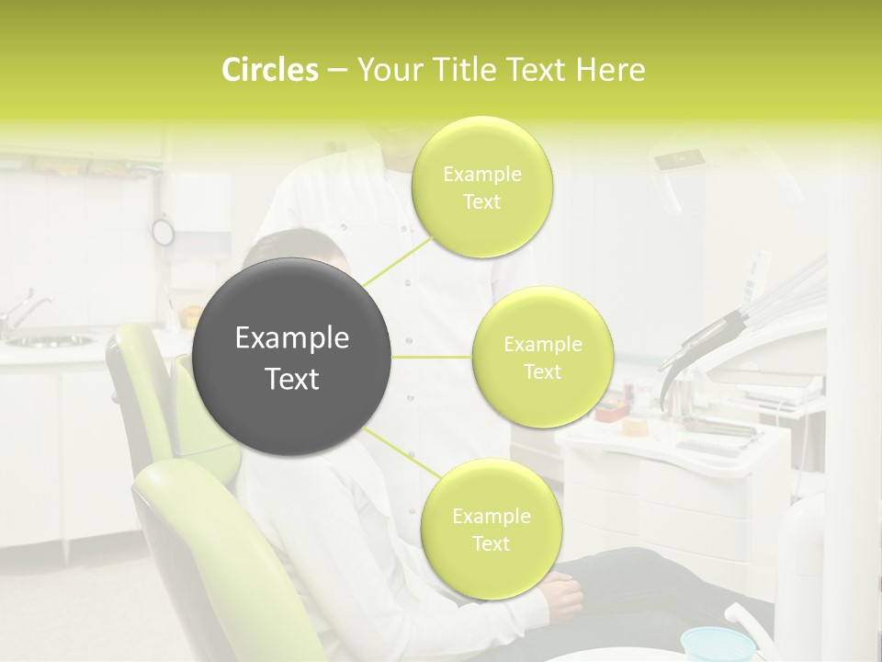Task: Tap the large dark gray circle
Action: (292, 357)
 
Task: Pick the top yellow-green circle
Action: (481, 187)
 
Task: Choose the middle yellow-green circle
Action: (542, 357)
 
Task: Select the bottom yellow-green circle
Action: (491, 529)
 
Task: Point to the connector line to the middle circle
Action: (432, 357)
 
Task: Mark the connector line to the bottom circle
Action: (401, 451)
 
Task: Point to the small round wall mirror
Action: (163, 232)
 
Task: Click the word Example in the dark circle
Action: (292, 338)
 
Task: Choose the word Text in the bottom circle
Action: (491, 543)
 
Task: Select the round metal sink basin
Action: (50, 341)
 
